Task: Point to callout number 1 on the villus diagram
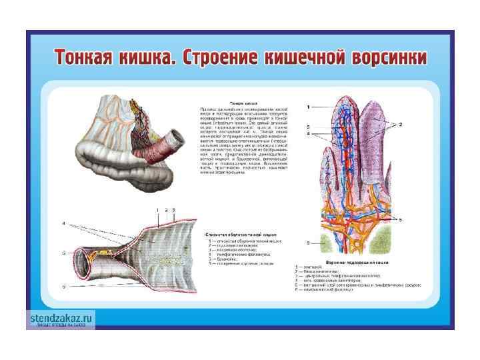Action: coord(308,107)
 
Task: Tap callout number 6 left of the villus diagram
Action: coord(308,243)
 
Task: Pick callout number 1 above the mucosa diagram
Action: coord(157,211)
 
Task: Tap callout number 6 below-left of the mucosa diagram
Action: coord(63,286)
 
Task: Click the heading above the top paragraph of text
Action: coord(238,104)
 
